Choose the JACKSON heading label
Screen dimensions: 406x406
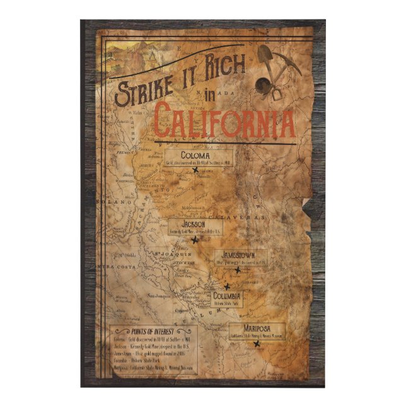click(x=193, y=224)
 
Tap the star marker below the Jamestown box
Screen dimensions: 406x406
click(x=238, y=270)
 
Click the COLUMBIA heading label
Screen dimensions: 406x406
click(x=227, y=296)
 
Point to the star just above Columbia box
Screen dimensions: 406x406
click(x=228, y=286)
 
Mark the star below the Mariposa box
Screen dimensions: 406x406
click(x=255, y=344)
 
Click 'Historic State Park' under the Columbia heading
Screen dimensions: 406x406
click(x=227, y=304)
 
